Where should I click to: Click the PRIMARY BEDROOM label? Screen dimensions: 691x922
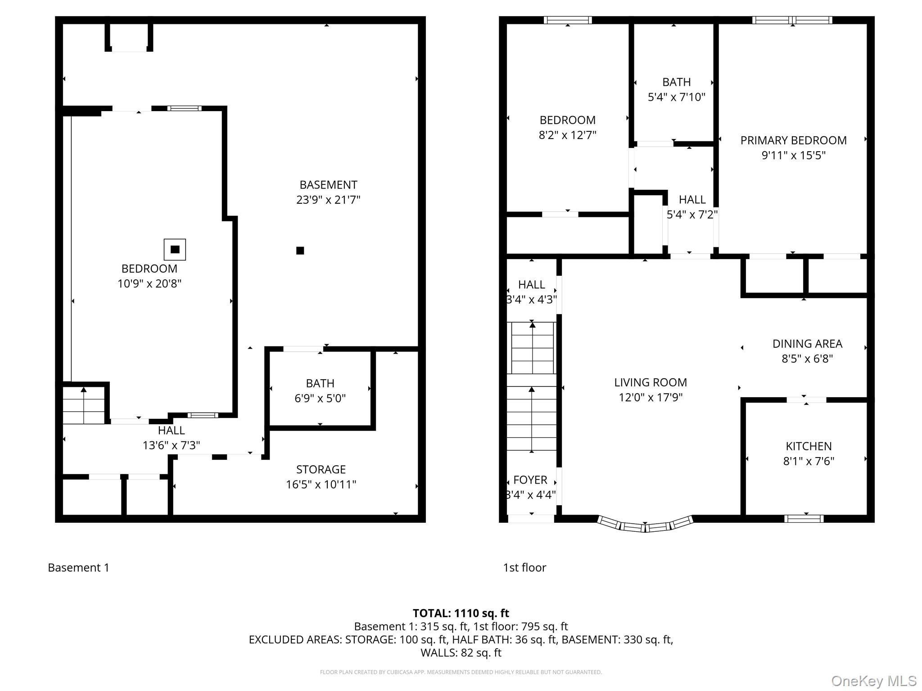[793, 140]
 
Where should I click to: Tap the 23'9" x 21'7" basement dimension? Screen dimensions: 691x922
[328, 200]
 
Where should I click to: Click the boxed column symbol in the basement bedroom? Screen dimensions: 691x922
[175, 249]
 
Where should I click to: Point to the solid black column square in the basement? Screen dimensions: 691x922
[300, 251]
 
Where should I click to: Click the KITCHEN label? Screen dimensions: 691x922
[809, 446]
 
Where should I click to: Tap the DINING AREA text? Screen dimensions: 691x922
[807, 344]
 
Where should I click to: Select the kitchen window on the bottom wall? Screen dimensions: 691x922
[804, 519]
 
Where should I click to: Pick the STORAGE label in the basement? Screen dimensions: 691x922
[321, 470]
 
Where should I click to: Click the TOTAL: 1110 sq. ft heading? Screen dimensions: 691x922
[461, 613]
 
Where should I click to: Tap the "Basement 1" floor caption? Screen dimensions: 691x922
[78, 568]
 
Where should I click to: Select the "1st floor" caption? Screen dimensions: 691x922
[524, 568]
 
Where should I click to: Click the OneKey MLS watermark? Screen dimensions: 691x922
[873, 681]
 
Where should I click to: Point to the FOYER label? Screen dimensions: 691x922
[530, 480]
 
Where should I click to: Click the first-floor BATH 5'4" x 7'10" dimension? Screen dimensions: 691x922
[676, 97]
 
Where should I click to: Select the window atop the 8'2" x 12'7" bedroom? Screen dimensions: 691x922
[567, 20]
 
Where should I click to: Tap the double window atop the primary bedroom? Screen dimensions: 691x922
[792, 20]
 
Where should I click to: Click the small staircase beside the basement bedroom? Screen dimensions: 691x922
[84, 405]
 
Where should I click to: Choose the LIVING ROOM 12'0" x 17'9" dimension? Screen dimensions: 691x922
[651, 397]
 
